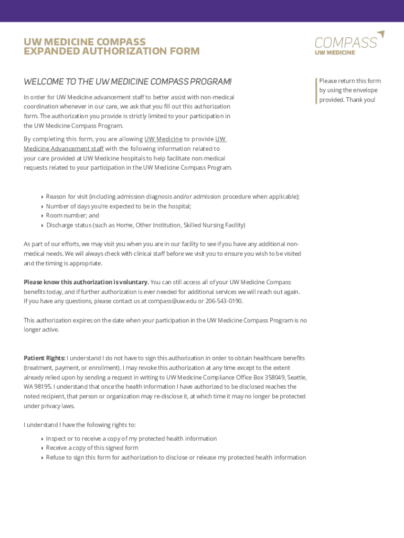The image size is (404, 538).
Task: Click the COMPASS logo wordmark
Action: click(345, 43)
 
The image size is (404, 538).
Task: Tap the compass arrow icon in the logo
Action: click(381, 34)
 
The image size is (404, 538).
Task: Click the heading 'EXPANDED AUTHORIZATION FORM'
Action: click(111, 51)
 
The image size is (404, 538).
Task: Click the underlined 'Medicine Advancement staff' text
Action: click(63, 148)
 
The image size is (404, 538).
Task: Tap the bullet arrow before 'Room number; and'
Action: click(42, 216)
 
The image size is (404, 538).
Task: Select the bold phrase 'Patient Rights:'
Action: click(45, 358)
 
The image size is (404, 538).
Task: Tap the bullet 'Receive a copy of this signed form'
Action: click(92, 448)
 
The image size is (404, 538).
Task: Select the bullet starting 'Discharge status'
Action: click(145, 225)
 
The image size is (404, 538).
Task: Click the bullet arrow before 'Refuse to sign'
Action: click(42, 458)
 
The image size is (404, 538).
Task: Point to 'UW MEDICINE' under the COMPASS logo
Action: click(335, 53)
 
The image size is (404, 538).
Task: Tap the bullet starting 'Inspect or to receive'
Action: click(131, 438)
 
